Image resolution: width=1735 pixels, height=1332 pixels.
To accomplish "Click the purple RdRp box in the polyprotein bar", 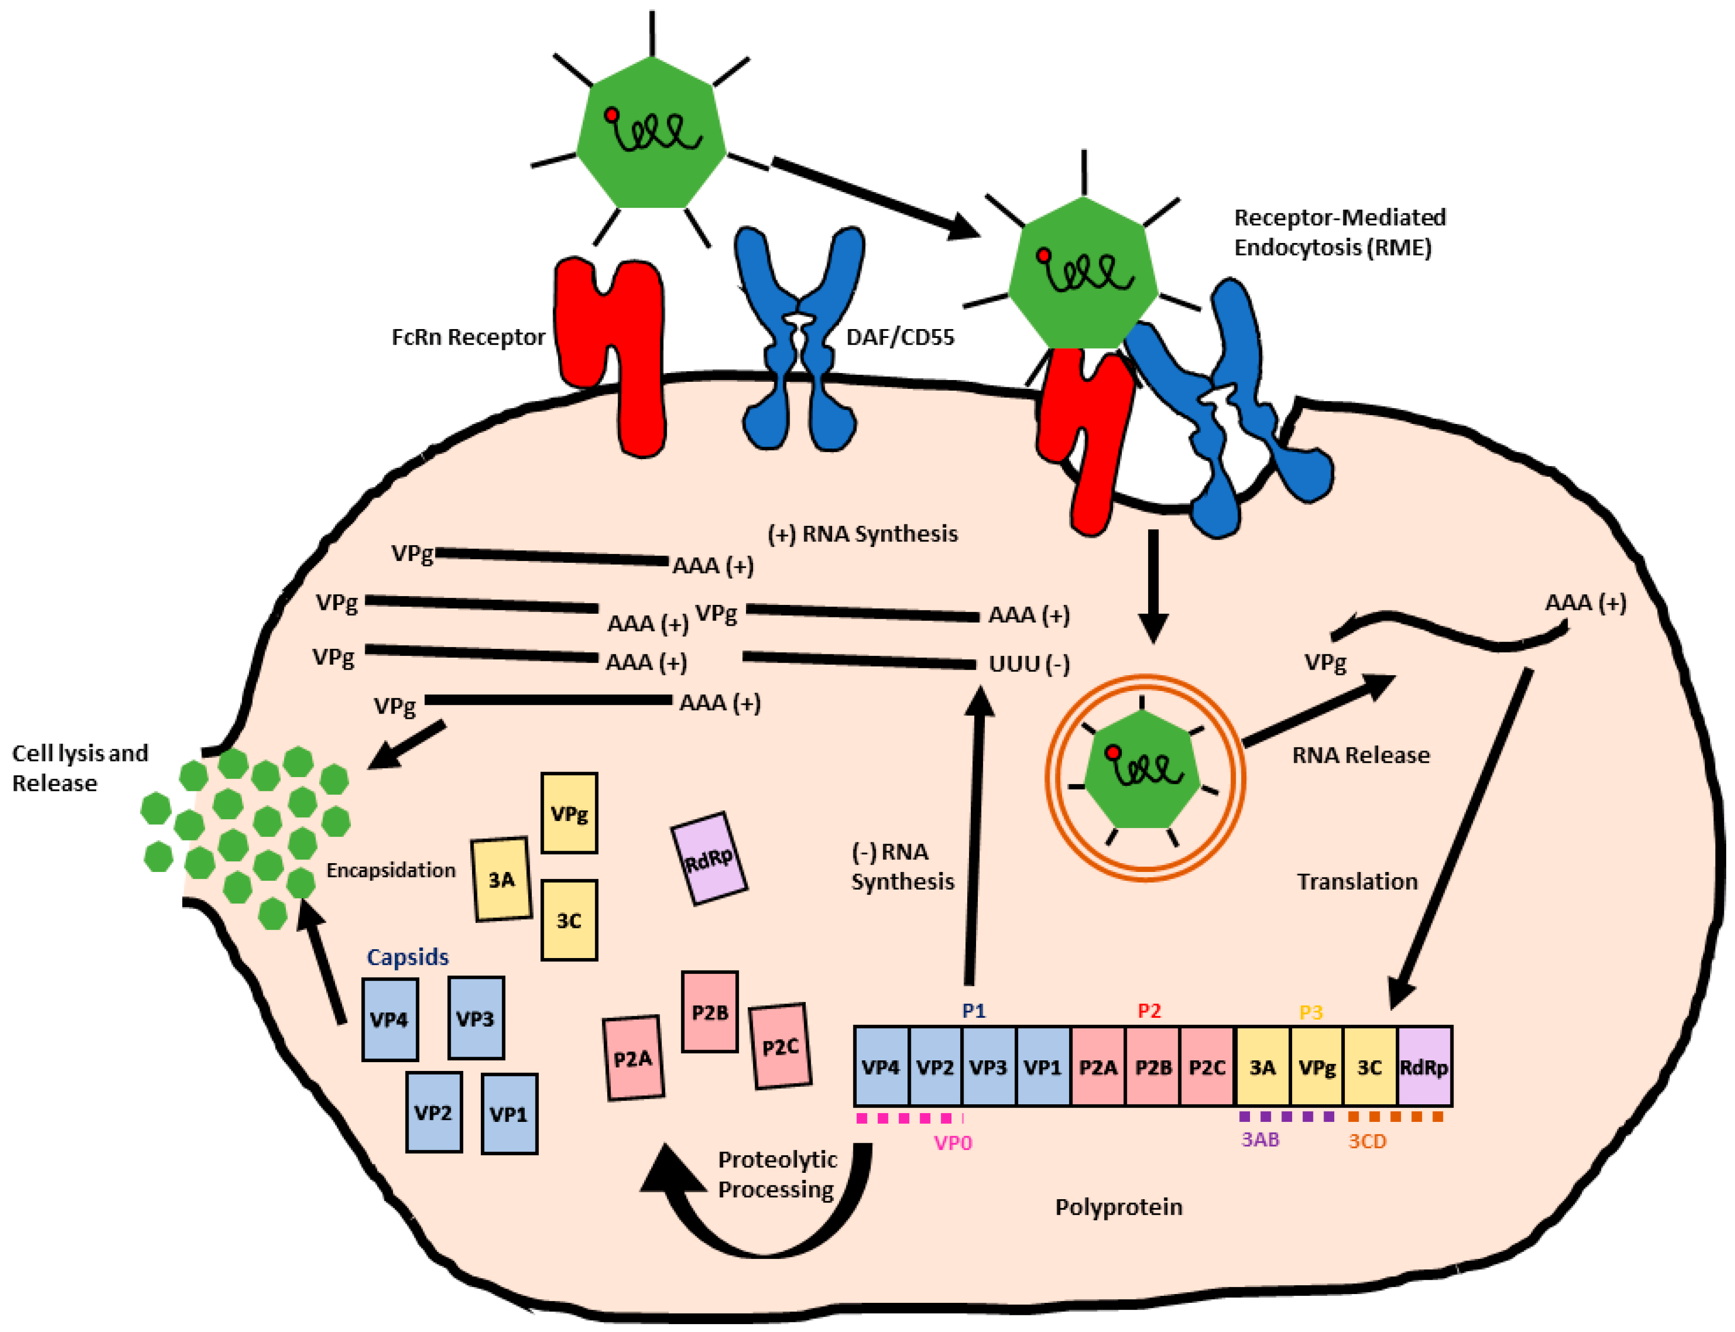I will point(1424,1067).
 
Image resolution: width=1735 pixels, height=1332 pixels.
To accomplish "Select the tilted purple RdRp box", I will point(709,859).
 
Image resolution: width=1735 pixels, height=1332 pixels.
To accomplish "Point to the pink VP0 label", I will point(953,1143).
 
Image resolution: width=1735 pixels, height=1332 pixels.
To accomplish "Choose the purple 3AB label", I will point(1259,1139).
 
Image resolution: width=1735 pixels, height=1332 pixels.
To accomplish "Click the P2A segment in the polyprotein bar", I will point(1098,1067).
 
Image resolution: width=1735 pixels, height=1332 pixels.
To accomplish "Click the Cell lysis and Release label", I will point(79,767).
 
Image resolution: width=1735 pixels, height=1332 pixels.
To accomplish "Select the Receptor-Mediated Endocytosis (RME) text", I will point(1339,232).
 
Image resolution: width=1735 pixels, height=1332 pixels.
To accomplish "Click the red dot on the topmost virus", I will point(611,115).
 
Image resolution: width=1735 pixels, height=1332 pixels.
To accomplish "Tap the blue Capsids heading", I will point(407,957).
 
